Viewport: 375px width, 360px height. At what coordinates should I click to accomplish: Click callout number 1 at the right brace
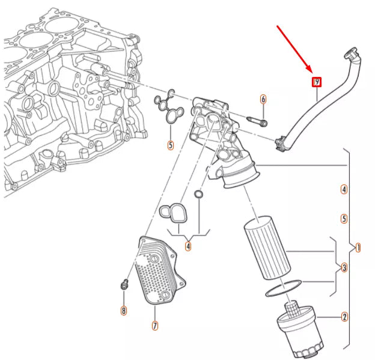pos(358,248)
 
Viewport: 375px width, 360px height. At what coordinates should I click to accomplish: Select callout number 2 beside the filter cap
pos(344,317)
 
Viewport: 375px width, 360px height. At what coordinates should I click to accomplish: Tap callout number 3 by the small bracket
pos(344,267)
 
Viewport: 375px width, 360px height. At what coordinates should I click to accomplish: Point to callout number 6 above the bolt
pos(263,99)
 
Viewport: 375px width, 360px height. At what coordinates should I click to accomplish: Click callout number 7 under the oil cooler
pos(154,326)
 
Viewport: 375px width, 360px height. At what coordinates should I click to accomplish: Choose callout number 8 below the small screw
pos(124,310)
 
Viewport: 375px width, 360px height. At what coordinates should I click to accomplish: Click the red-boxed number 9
pos(317,82)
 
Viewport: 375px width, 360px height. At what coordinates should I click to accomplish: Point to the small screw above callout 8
pos(124,285)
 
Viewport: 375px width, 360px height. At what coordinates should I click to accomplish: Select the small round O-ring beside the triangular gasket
pos(199,194)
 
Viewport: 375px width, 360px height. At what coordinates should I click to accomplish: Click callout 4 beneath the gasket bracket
pos(188,245)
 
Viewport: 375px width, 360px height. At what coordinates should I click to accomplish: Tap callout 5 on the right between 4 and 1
pos(344,219)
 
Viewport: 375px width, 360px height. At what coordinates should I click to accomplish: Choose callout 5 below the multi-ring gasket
pos(171,145)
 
